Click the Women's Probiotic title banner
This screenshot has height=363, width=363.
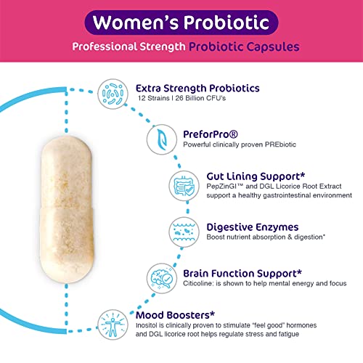pyautogui.click(x=181, y=23)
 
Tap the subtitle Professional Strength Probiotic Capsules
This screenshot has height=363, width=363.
pyautogui.click(x=181, y=47)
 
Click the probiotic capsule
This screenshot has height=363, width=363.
pyautogui.click(x=66, y=203)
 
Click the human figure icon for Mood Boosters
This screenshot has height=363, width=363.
pyautogui.click(x=115, y=322)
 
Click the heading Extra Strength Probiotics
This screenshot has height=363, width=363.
pyautogui.click(x=197, y=89)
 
